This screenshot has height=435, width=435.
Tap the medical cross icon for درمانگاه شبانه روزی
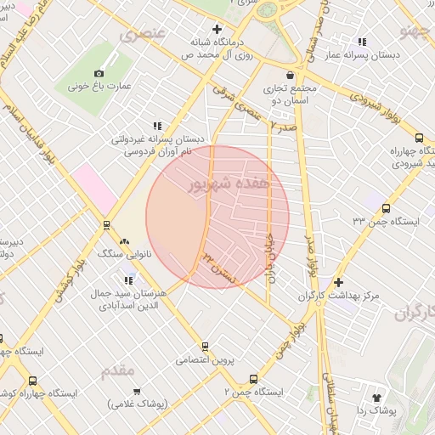point(217,30)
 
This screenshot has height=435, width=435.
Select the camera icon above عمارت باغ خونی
point(99,73)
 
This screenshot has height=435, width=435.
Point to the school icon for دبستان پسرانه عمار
point(363,42)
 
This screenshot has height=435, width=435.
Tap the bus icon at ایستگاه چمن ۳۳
point(387,208)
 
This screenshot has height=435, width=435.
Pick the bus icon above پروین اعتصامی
point(205,346)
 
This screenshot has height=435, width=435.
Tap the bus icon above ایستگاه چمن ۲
point(252,379)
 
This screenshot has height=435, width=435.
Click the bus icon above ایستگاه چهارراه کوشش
point(32,381)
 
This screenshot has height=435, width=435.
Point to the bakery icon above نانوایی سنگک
point(125,241)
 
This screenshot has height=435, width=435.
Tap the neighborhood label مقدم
point(117,371)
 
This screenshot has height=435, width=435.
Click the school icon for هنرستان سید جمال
point(129,280)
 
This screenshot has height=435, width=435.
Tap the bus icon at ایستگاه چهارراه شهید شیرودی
point(419,138)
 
